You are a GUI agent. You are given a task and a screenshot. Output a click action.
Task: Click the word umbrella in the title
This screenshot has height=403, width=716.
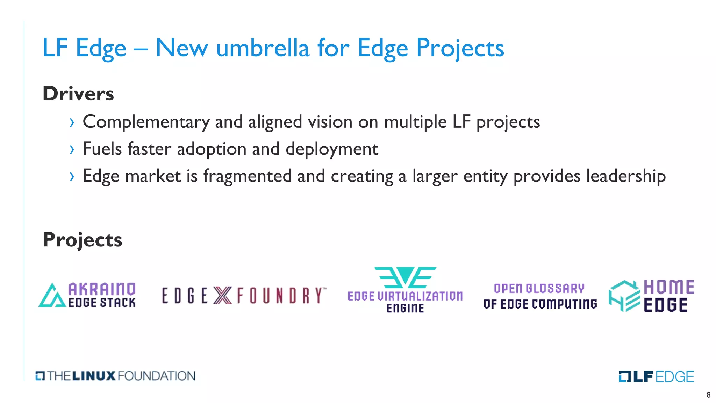[x=263, y=48]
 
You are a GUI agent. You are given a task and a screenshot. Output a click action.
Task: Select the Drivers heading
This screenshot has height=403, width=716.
[x=78, y=93]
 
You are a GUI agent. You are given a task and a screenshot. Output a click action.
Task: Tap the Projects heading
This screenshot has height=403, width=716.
[x=83, y=240]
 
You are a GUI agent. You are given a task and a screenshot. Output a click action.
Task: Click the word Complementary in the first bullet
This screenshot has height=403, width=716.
[x=146, y=122]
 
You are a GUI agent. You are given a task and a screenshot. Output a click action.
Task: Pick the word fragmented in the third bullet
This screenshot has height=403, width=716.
[x=248, y=176]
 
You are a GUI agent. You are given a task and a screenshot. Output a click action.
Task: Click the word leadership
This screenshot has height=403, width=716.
[x=626, y=176]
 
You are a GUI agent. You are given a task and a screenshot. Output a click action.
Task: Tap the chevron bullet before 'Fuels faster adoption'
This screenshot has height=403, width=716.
[x=72, y=149]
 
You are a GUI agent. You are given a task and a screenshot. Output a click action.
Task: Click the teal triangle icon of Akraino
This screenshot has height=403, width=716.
[x=52, y=296]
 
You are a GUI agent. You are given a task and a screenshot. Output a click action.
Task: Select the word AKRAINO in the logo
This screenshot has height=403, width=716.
[x=102, y=289]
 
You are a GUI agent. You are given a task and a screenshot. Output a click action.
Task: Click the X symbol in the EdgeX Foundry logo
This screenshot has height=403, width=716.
[x=222, y=295]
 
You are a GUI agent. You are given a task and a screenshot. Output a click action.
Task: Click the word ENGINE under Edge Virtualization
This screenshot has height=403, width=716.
[x=405, y=308]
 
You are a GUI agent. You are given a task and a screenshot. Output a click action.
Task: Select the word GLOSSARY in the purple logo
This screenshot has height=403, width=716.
[x=555, y=289]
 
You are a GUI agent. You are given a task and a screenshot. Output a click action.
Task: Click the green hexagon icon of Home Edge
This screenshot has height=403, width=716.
[x=624, y=296]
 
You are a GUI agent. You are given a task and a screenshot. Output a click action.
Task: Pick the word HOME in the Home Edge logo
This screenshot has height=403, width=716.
[x=669, y=287]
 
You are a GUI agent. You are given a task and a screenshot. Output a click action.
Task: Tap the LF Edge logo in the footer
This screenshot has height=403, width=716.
[x=656, y=376]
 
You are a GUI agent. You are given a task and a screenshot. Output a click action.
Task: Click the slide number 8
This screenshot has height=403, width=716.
[x=708, y=395]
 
